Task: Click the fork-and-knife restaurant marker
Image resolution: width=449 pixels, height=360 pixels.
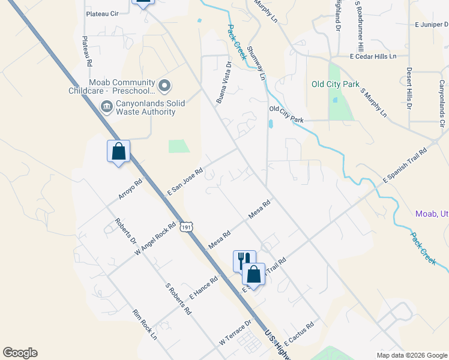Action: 244,261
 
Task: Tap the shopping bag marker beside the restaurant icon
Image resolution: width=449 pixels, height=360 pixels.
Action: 254,274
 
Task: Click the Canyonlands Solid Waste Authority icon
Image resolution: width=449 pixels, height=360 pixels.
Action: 106,107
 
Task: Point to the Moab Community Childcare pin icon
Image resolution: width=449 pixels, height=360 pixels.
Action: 165,86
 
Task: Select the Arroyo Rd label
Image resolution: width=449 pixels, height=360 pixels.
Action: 130,190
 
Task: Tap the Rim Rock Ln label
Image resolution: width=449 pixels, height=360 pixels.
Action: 145,325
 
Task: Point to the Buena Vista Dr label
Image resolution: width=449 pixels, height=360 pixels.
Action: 224,82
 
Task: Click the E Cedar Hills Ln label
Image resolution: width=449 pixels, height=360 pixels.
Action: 373,56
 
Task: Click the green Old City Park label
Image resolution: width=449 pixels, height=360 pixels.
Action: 334,84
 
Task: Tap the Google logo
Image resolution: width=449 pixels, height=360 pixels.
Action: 20,353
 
